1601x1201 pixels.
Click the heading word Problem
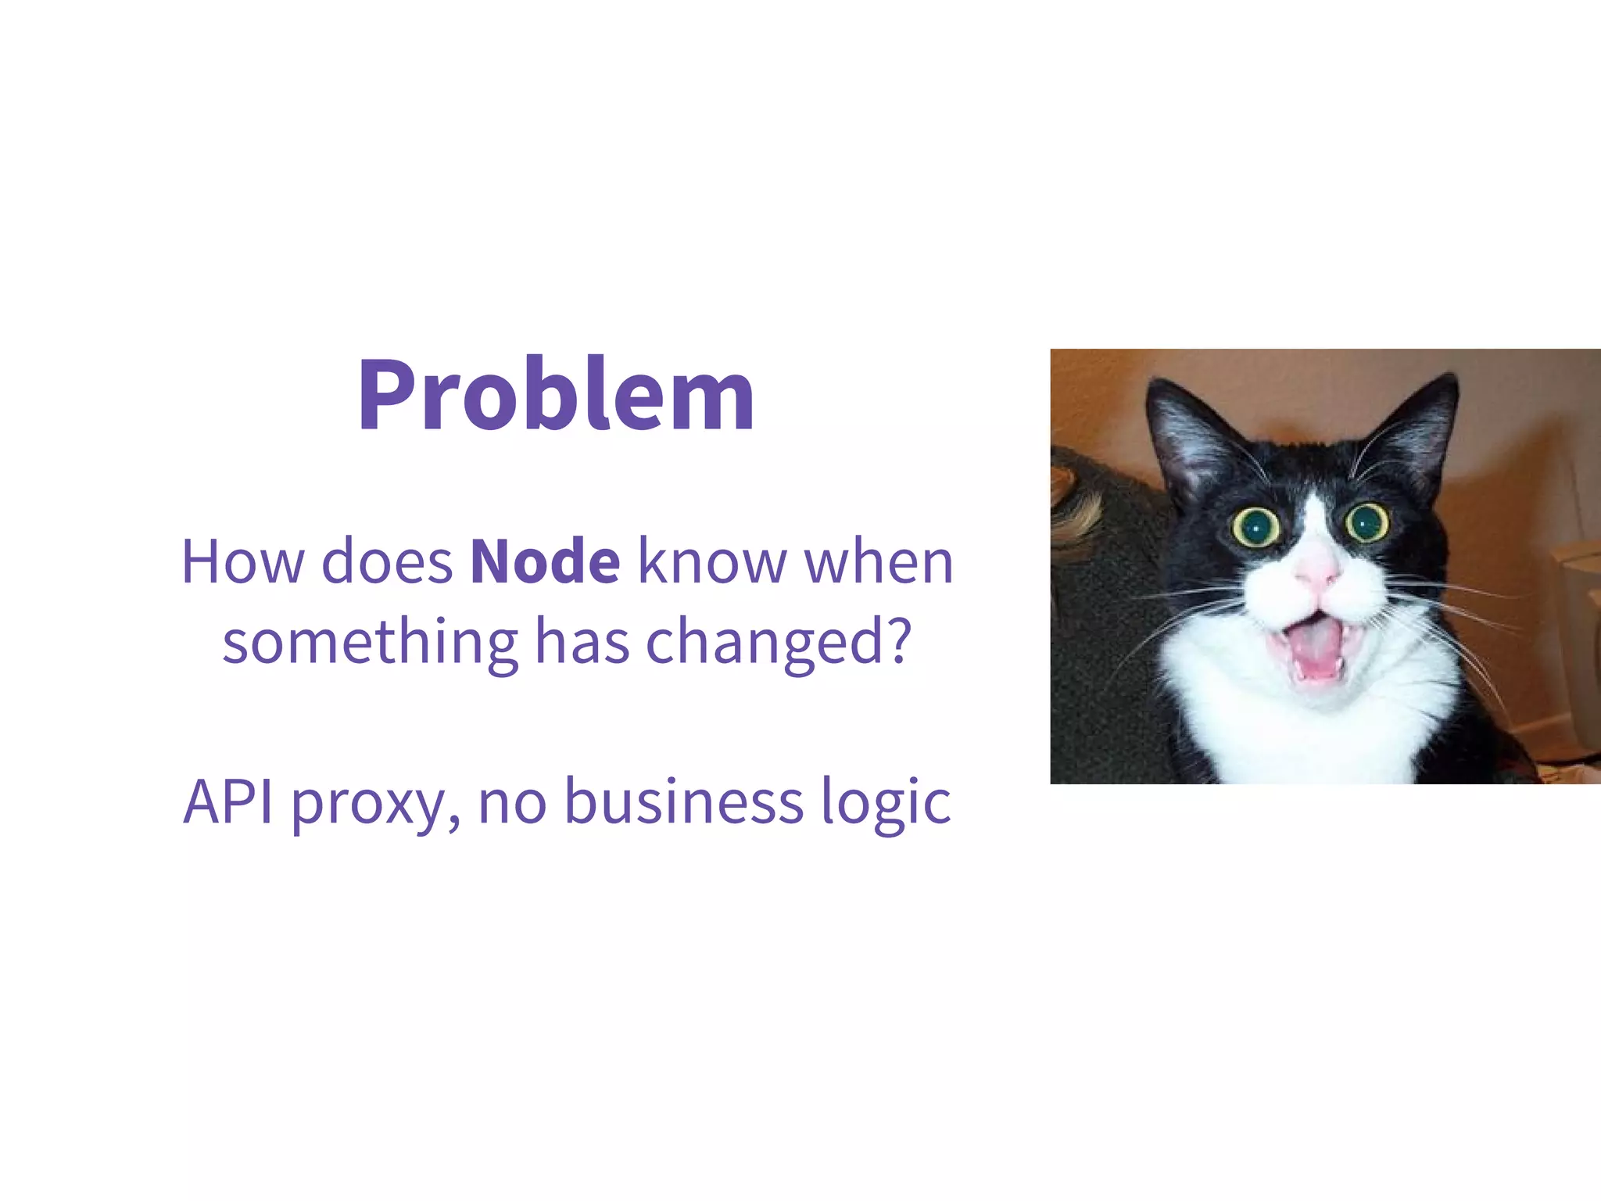pos(556,396)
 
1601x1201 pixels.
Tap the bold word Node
pos(545,561)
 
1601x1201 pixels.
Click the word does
pos(387,561)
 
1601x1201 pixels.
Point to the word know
pos(712,561)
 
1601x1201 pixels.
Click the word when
pos(879,561)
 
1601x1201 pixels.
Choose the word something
pos(371,643)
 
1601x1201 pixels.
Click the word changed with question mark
pos(779,643)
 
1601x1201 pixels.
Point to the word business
pos(684,802)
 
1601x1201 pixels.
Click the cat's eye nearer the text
pos(1255,527)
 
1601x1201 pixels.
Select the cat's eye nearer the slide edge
pos(1367,522)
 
